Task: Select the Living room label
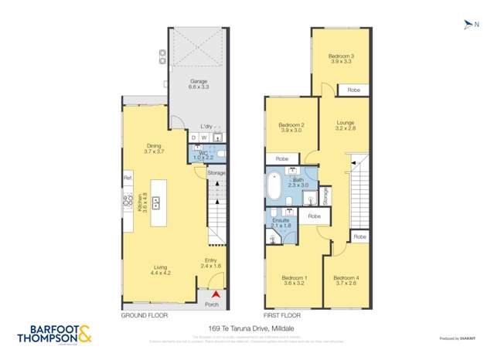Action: (159, 270)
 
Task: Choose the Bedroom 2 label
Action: (291, 128)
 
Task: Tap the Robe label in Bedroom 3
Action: (353, 90)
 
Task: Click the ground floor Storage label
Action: (216, 173)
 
